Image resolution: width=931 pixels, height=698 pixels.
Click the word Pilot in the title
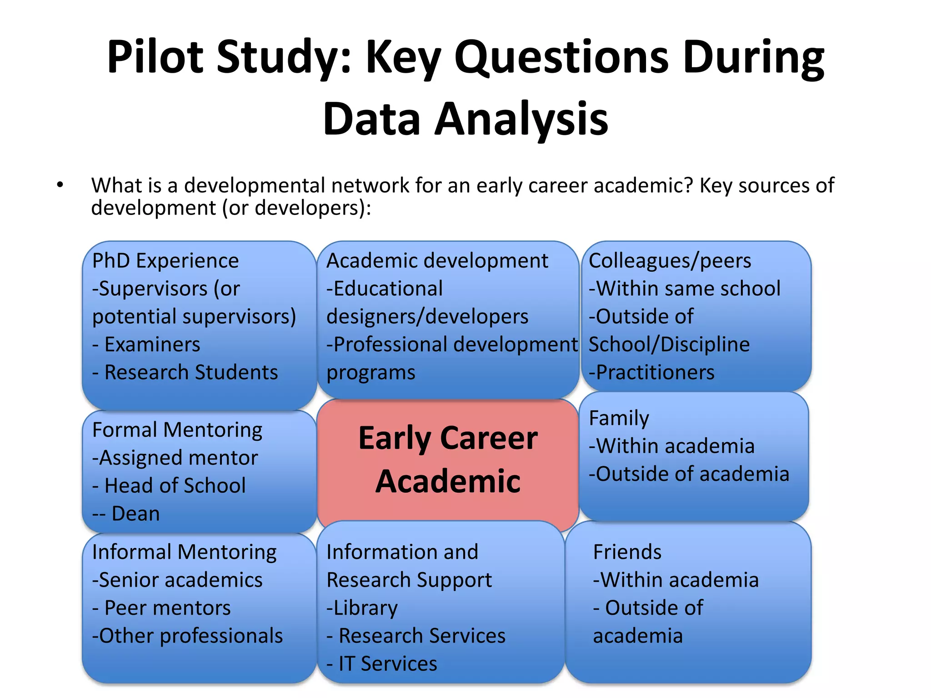155,57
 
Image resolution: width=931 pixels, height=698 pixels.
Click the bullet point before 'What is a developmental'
60,185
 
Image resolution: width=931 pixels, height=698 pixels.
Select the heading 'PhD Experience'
165,261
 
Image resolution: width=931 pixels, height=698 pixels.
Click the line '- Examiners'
146,344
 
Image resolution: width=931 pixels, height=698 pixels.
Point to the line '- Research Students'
185,372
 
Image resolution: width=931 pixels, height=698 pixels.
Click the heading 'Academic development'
437,261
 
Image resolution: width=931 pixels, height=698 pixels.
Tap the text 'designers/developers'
427,317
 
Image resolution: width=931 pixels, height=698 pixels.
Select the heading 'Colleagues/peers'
670,261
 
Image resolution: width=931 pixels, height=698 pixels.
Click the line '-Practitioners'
651,372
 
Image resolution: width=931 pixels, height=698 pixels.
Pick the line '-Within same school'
685,289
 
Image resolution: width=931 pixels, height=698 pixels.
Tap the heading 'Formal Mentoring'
177,430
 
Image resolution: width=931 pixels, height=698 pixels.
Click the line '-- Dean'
126,514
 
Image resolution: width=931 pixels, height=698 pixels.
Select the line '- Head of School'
169,485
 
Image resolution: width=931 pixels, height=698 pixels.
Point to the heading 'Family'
619,418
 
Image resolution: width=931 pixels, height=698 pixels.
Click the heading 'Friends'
627,552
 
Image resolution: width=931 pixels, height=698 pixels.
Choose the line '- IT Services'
382,663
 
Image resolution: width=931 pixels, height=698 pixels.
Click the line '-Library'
362,608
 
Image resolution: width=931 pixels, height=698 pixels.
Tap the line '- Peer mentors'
161,608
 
